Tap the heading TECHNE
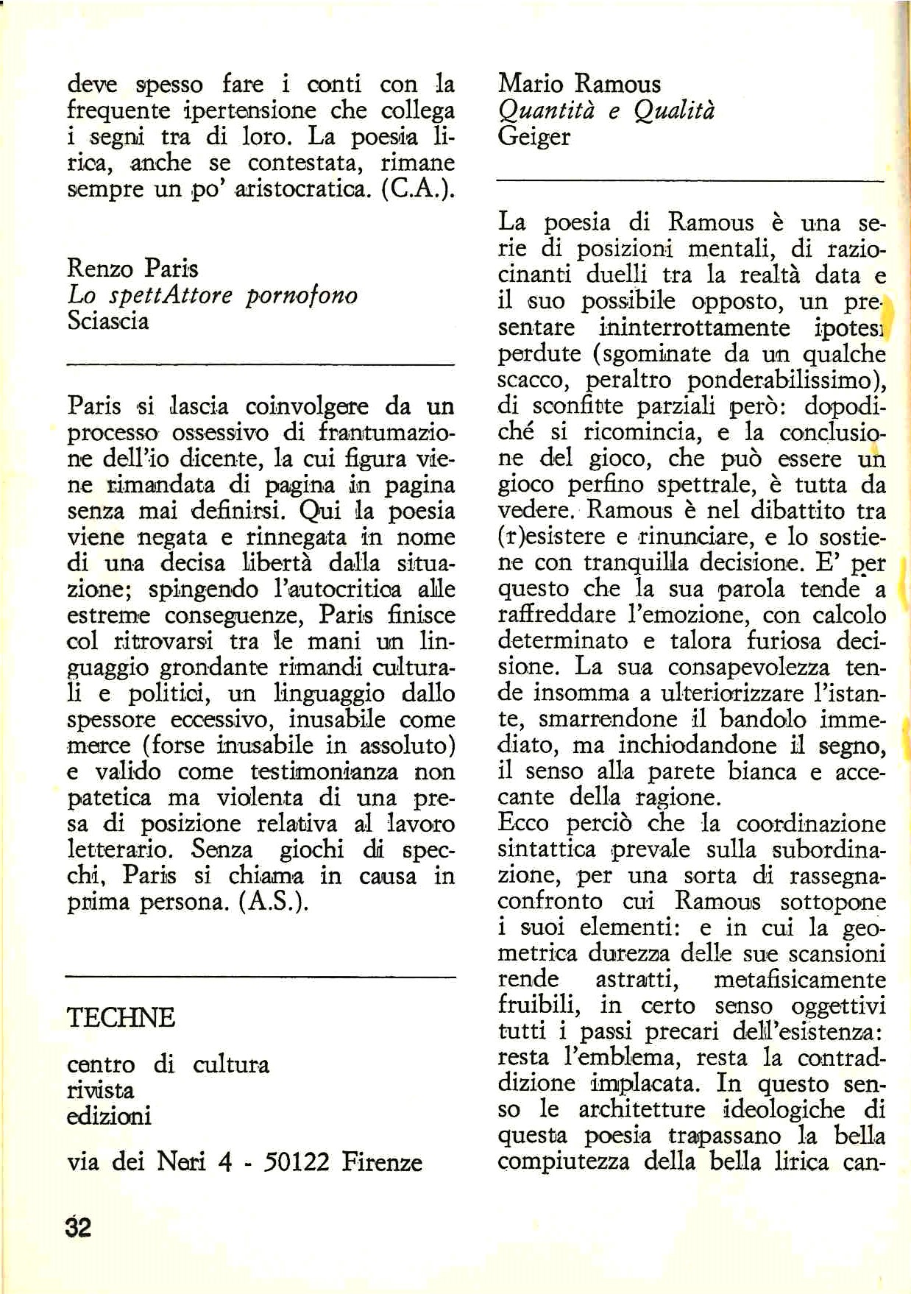(121, 1017)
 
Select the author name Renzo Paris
(132, 269)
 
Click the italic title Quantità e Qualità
(606, 110)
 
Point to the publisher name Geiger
(534, 136)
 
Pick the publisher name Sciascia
(108, 321)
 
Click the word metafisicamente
(800, 980)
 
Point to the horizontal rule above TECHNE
(260, 977)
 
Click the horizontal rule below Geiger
(690, 180)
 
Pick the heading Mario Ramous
(579, 84)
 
